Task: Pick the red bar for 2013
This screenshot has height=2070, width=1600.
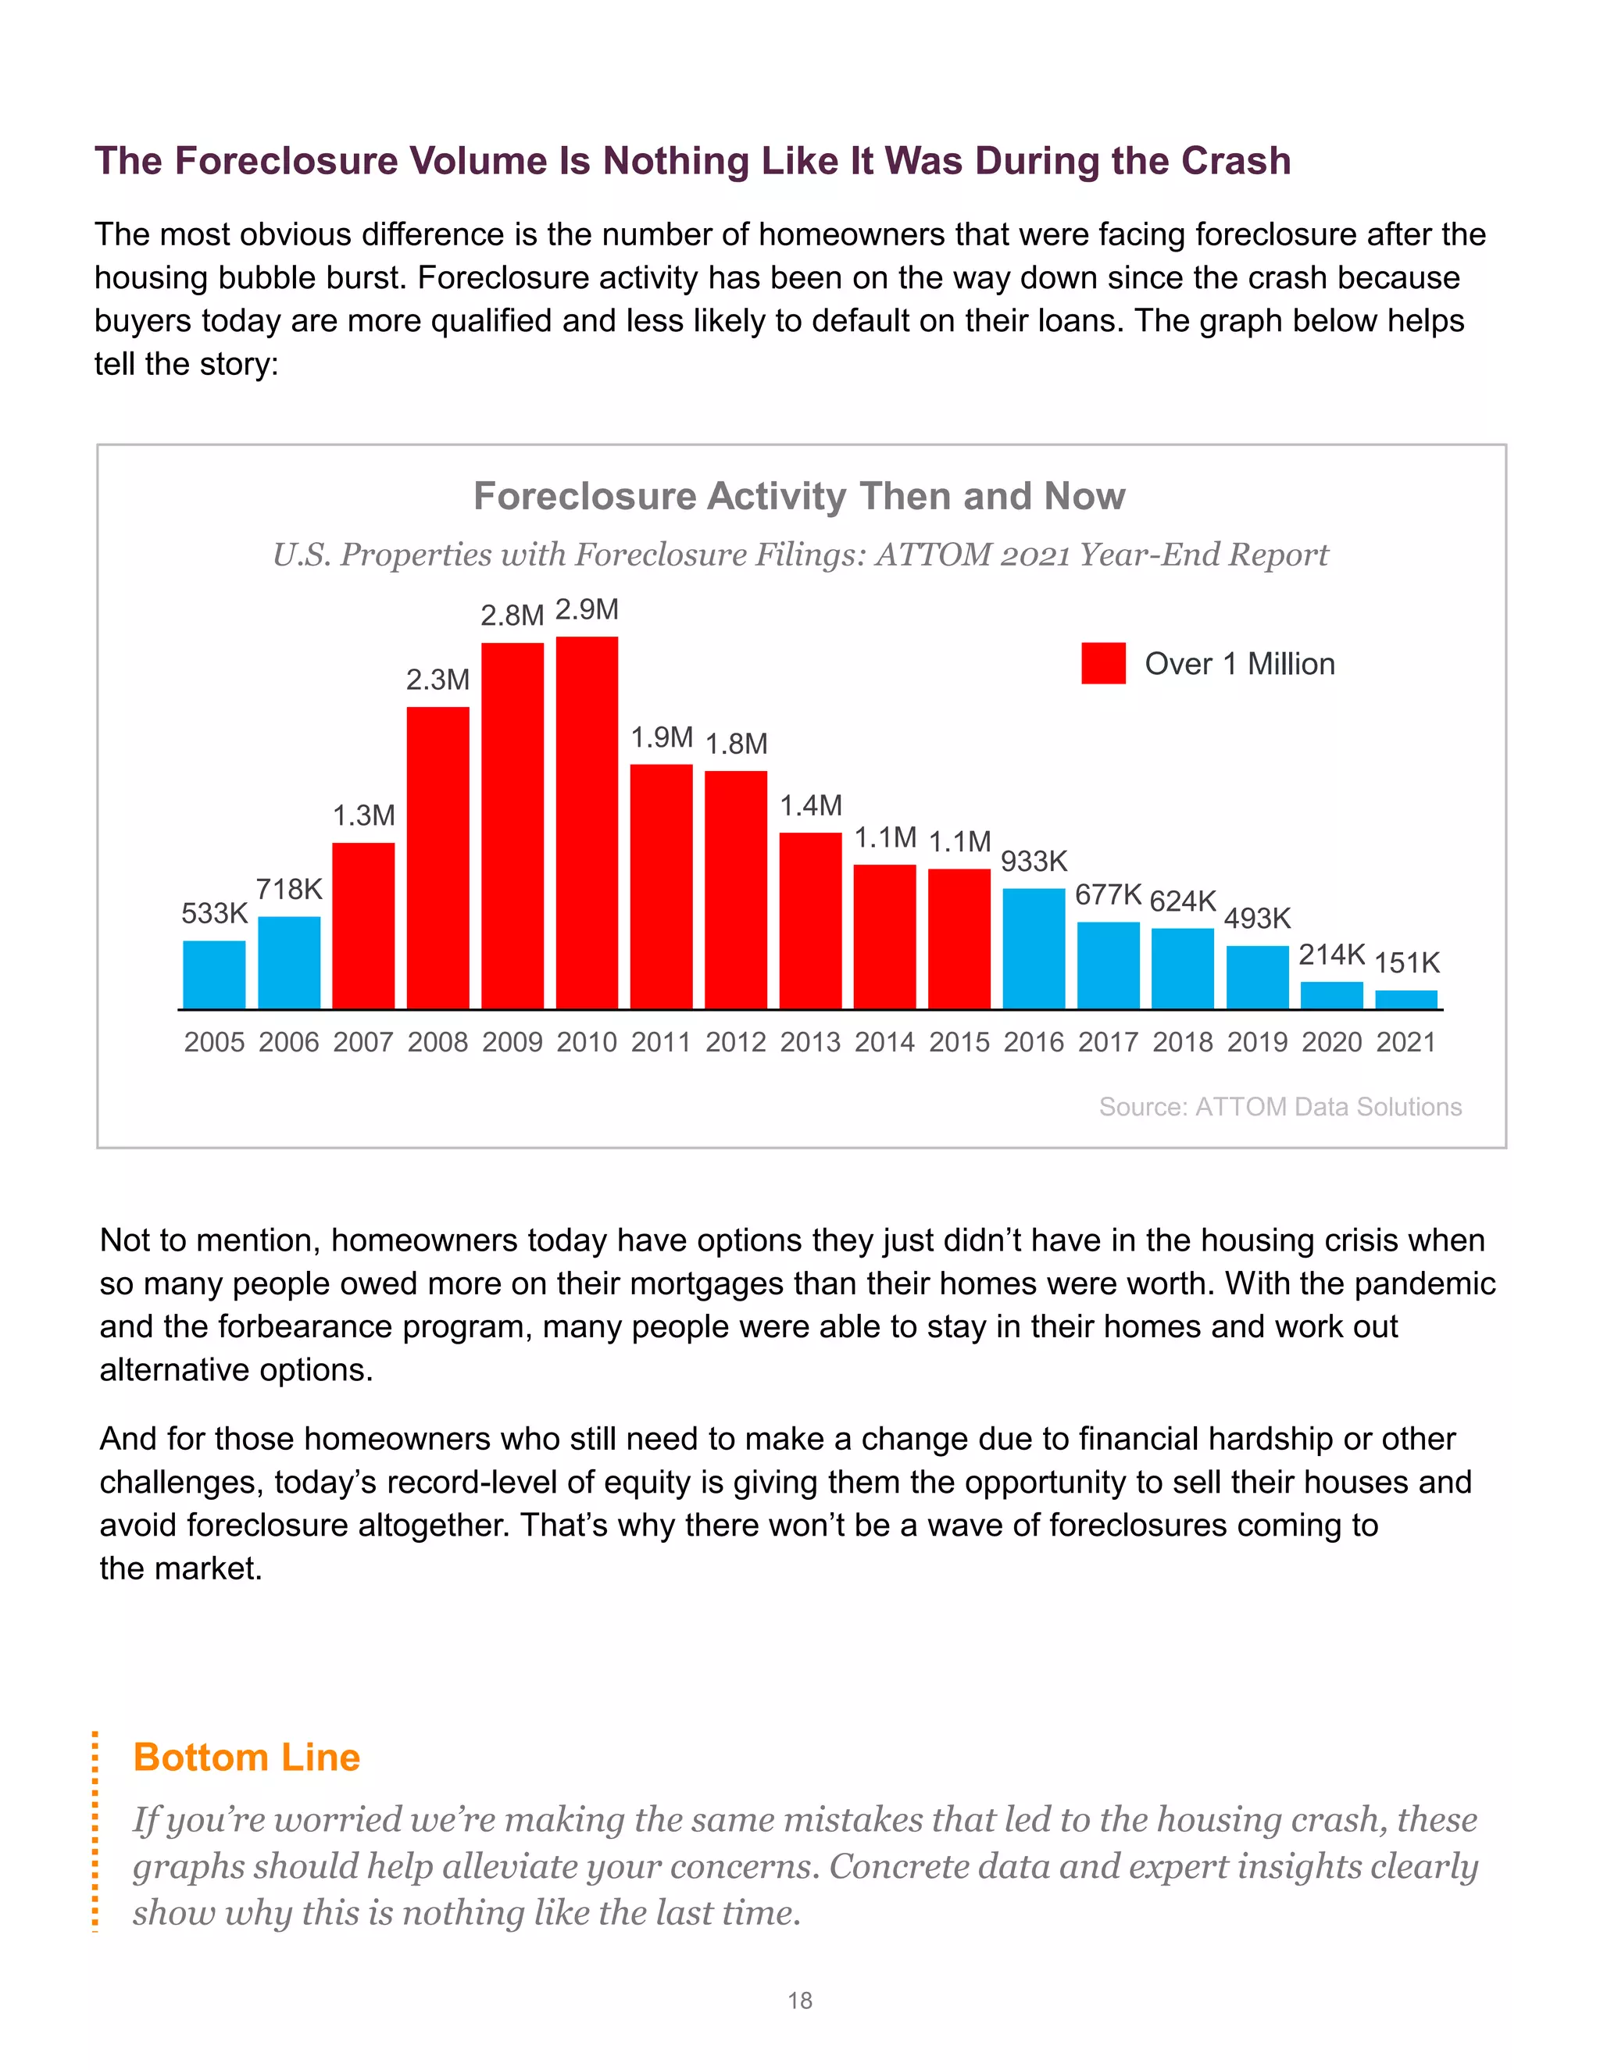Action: point(810,920)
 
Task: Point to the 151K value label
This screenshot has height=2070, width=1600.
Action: point(1406,963)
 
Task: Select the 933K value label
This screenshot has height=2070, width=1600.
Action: point(1034,862)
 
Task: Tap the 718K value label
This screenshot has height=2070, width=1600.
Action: point(289,890)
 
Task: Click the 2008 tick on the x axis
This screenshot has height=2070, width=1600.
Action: point(438,1043)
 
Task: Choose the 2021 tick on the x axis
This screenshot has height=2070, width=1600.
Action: point(1406,1043)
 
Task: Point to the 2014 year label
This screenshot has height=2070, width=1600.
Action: point(884,1043)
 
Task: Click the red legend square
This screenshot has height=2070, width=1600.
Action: point(1103,663)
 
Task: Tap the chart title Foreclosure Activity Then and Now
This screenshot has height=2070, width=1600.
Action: point(799,497)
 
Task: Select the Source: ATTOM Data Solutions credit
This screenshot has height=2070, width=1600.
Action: point(1280,1107)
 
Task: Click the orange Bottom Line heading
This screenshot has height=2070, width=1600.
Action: point(246,1758)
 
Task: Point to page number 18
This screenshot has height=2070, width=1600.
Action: point(800,2000)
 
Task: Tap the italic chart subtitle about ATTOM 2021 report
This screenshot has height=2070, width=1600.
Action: point(800,555)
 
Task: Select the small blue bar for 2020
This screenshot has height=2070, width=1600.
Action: point(1332,995)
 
